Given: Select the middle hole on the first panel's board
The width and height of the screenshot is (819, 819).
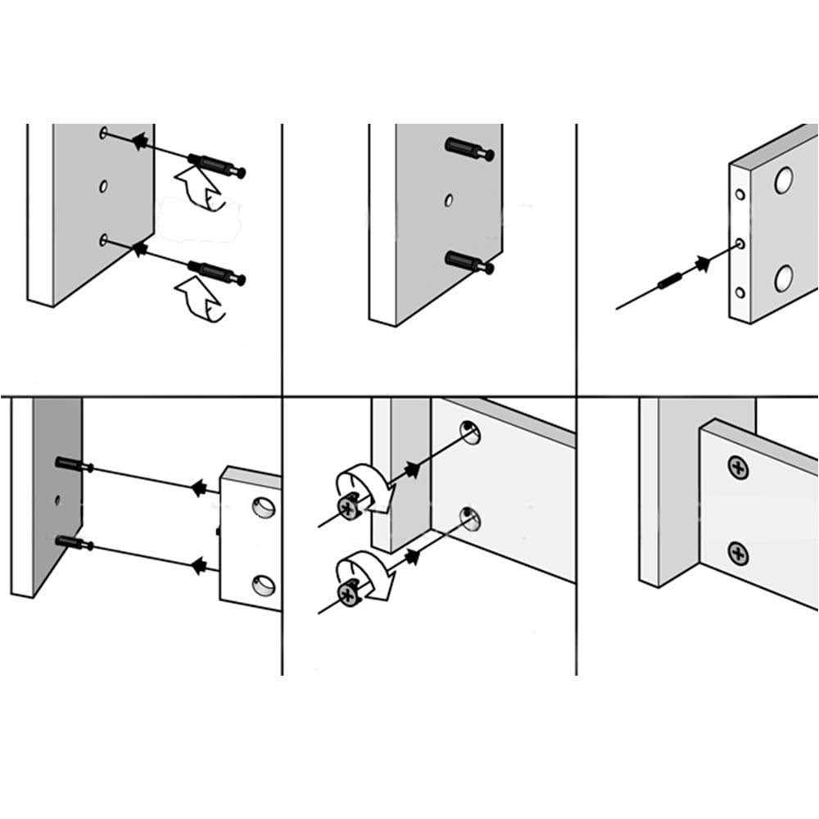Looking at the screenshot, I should coord(103,187).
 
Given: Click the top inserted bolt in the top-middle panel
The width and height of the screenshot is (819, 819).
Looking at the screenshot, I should coord(469,149).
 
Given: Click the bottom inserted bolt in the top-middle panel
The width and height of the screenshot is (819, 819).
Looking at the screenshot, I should coord(469,263).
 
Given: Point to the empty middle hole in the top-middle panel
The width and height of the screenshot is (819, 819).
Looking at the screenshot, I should coord(449,199).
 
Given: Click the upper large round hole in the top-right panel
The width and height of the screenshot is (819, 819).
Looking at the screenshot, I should coord(784,179).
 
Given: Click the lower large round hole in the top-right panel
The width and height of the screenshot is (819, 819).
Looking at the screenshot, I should coord(784,279).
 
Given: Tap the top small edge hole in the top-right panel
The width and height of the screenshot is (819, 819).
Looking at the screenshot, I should coord(740,195).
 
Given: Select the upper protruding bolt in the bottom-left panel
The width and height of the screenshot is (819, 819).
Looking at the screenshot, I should coord(74,465).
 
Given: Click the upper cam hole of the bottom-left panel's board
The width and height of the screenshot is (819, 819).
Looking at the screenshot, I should coord(264,509).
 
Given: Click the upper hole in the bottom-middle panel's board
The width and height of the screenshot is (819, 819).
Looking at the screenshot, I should coord(469,432).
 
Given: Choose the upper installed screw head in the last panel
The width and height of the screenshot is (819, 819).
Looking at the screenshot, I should coord(739,468).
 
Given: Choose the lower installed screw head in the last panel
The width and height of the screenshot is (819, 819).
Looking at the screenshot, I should coord(739,554).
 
